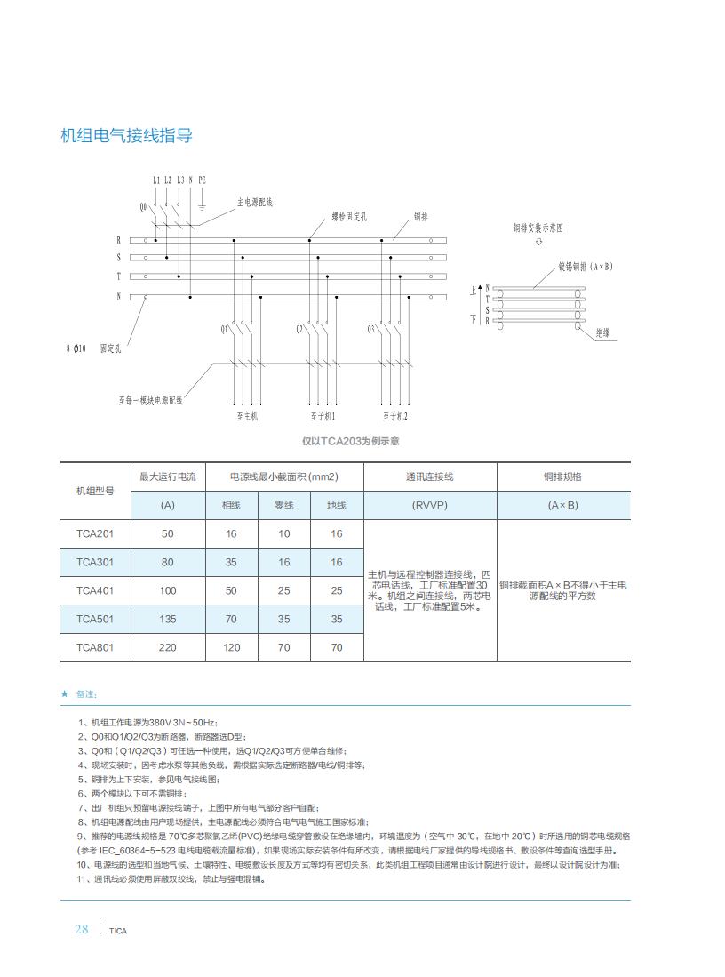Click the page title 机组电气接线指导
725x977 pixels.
click(x=125, y=136)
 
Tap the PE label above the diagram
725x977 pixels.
click(x=202, y=180)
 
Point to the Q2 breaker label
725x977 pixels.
click(x=300, y=330)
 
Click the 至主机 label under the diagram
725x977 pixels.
click(x=247, y=415)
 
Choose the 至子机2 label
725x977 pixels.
click(x=394, y=415)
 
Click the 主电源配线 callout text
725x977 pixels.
click(x=254, y=203)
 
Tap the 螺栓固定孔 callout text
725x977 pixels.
click(x=349, y=216)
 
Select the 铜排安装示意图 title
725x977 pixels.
click(x=538, y=228)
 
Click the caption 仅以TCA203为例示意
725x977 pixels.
click(x=350, y=441)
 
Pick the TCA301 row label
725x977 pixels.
click(x=95, y=562)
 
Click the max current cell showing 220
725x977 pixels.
click(x=167, y=647)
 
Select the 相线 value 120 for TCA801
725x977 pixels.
click(x=231, y=647)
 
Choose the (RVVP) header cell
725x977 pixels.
click(x=429, y=505)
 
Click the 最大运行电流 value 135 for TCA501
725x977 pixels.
click(x=167, y=619)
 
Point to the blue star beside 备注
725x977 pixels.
click(x=64, y=693)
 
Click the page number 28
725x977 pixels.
click(x=81, y=929)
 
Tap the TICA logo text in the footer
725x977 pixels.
click(x=118, y=931)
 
